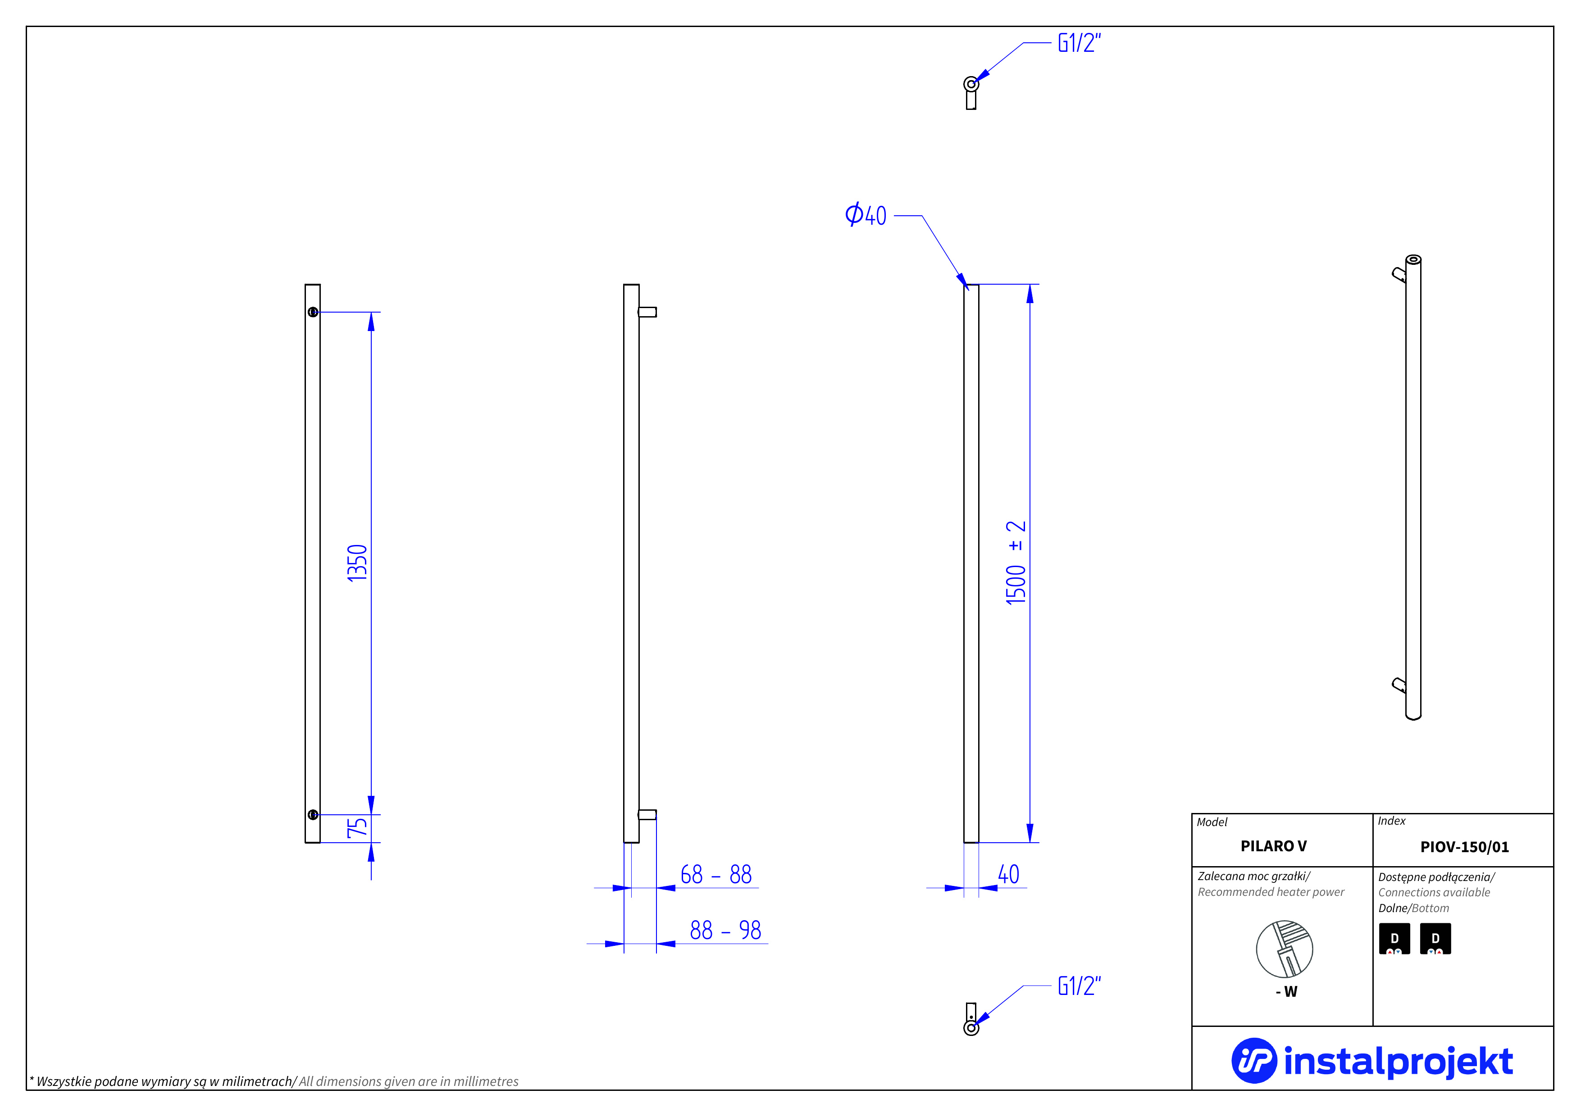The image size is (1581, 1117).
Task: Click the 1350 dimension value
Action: click(x=357, y=563)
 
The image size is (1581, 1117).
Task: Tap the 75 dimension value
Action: click(x=357, y=827)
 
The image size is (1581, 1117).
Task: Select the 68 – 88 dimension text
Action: click(x=715, y=875)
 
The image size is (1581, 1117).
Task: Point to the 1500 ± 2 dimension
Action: click(x=1016, y=563)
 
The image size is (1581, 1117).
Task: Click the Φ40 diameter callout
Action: click(x=866, y=215)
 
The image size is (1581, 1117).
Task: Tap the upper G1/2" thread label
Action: click(x=1079, y=43)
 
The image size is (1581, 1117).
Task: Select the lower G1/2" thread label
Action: click(x=1079, y=986)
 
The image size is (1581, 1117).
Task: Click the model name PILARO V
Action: click(x=1273, y=846)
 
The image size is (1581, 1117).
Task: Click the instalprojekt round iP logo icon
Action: click(x=1253, y=1061)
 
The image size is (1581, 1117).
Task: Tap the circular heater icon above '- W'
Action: click(x=1284, y=949)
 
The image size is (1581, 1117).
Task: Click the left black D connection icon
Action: click(x=1394, y=939)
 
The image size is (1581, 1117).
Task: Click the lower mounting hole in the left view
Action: click(x=313, y=815)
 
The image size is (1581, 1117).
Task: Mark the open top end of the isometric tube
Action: click(x=1413, y=259)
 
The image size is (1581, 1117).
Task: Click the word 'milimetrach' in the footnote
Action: click(x=257, y=1081)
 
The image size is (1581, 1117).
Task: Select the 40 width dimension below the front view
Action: click(x=1008, y=875)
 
